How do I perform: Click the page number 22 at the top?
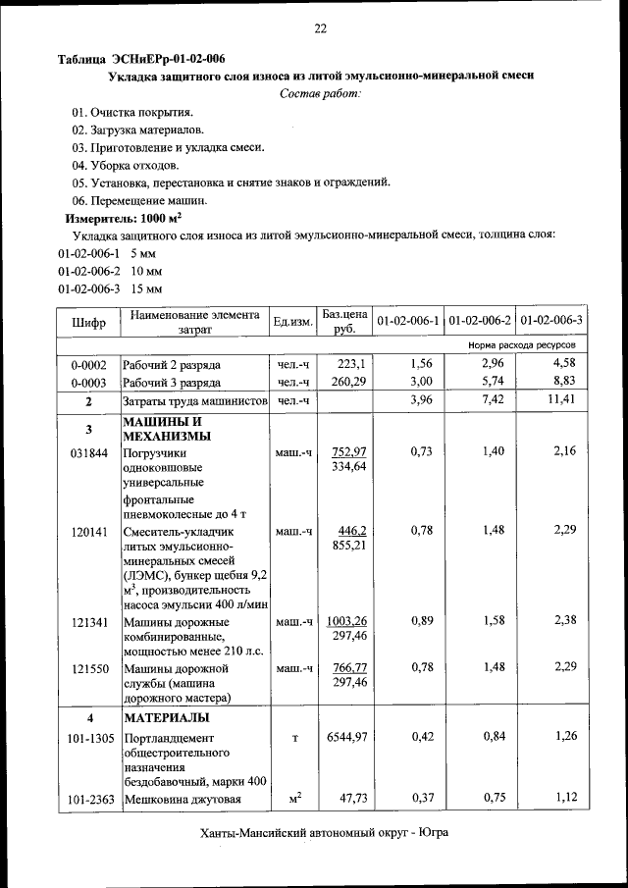pyautogui.click(x=320, y=28)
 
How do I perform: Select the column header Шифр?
pyautogui.click(x=88, y=322)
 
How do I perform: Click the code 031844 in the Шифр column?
pyautogui.click(x=88, y=452)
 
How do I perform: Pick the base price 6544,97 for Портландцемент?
pyautogui.click(x=343, y=736)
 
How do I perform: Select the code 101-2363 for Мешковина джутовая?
pyautogui.click(x=88, y=799)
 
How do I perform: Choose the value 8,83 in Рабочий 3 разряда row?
pyautogui.click(x=565, y=382)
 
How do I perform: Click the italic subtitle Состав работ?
pyautogui.click(x=320, y=93)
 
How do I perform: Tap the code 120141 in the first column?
pyautogui.click(x=88, y=531)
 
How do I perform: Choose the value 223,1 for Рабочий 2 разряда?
pyautogui.click(x=349, y=363)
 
